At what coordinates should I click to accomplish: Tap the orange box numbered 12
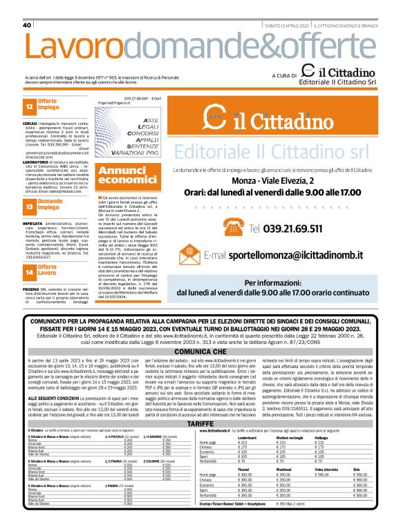click(x=29, y=108)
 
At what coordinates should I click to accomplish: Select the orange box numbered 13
click(x=29, y=206)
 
